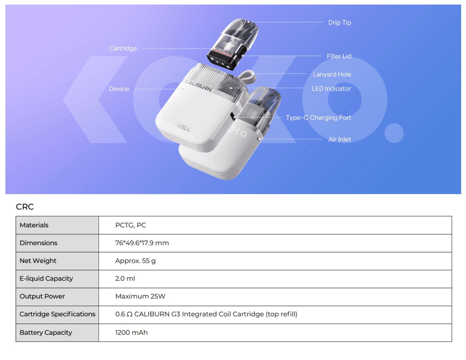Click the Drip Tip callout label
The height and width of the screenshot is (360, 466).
click(340, 22)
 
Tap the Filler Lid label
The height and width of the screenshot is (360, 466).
click(339, 56)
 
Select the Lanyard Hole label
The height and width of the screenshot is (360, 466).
click(332, 74)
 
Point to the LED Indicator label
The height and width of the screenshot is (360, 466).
click(331, 89)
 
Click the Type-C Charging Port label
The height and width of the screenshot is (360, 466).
click(318, 118)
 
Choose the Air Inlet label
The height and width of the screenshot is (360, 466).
click(340, 139)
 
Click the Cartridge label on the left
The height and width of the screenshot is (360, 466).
click(123, 48)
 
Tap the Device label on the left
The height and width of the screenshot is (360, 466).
click(119, 89)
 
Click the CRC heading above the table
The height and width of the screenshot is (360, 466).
click(25, 207)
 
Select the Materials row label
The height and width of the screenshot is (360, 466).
click(34, 225)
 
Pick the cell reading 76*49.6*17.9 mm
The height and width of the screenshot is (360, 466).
click(142, 243)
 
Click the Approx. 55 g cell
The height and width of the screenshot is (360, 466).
click(135, 261)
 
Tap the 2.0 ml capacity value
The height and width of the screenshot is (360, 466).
click(125, 279)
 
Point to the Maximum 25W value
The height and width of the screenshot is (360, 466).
click(140, 296)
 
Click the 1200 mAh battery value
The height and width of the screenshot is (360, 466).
click(131, 332)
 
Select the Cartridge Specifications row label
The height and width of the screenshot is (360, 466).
click(57, 314)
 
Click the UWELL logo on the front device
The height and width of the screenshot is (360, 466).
click(181, 127)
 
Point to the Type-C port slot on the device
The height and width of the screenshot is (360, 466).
click(233, 117)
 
